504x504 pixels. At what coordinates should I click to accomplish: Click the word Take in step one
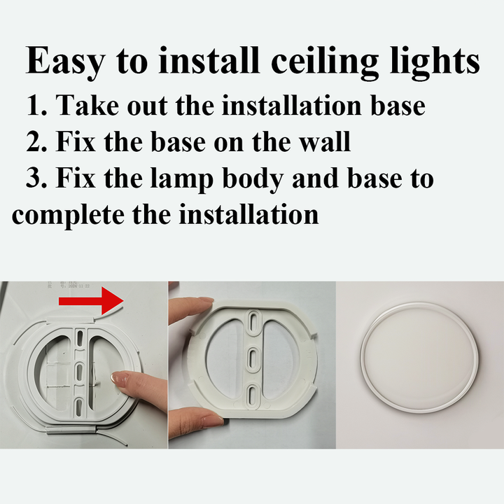coord(84,106)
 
